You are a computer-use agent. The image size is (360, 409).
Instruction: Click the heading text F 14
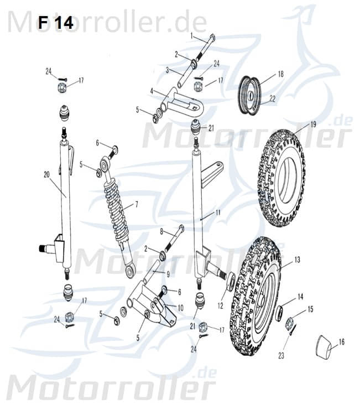(55, 23)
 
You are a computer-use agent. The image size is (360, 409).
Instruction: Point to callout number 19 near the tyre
(313, 125)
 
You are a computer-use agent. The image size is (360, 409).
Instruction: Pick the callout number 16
(341, 342)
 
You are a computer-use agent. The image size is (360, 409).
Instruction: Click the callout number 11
(218, 212)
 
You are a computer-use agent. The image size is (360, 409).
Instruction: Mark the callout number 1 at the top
(191, 35)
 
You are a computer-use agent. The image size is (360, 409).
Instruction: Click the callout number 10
(180, 307)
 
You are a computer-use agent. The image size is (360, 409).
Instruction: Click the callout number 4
(151, 90)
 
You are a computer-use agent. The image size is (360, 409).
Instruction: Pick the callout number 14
(300, 297)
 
